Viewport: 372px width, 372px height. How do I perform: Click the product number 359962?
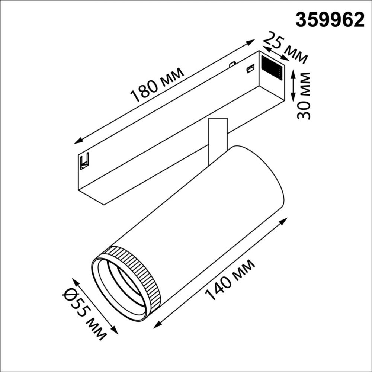coord(330,19)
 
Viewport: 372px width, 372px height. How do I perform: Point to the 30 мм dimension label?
coord(304,96)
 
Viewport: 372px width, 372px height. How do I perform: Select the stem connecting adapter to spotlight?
coord(218,139)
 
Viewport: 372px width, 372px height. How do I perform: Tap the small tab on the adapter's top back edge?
coord(232,64)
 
